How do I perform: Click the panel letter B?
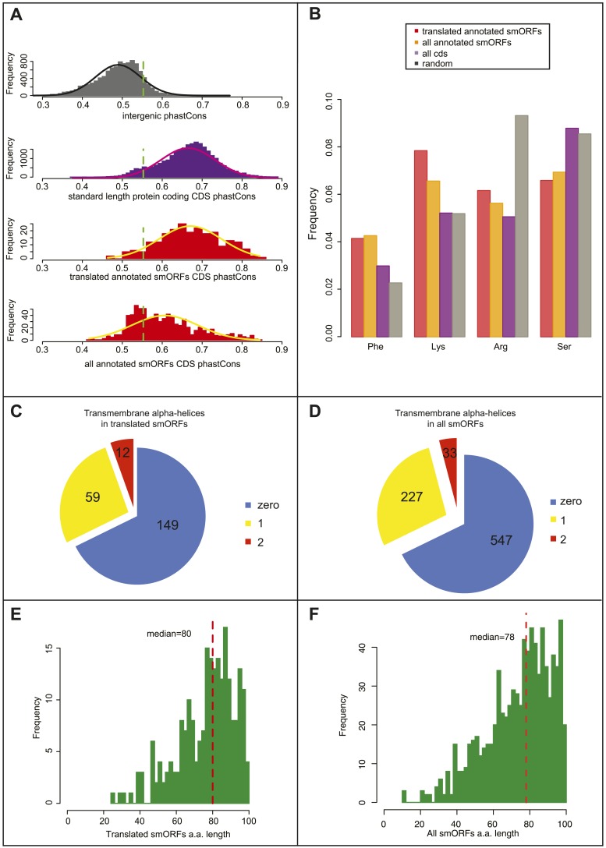click(315, 12)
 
